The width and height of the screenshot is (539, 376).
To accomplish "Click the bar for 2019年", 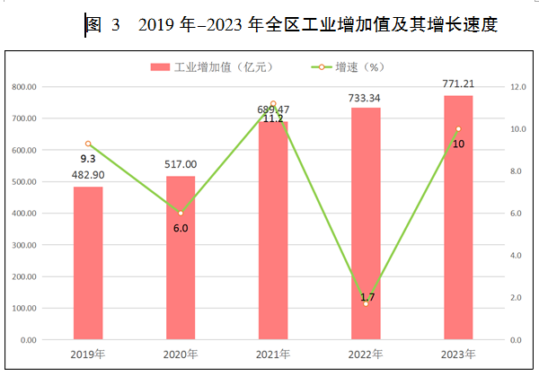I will pos(88,263).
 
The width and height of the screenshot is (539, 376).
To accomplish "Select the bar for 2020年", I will pos(181,258).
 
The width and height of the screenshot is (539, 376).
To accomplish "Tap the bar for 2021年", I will pos(273,231).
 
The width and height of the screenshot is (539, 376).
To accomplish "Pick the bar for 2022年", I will pos(366,223).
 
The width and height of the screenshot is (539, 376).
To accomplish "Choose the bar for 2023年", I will pos(458,217).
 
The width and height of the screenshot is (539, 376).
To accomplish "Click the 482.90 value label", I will pos(88,176).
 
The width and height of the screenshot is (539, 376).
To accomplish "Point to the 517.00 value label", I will pos(181,165).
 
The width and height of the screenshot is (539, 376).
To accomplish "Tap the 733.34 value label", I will pos(366,97).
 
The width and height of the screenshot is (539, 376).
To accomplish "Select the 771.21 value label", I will pos(458,83).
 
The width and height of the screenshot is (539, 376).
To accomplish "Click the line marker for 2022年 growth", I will pos(366,303).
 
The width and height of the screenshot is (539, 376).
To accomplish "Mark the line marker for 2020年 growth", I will pos(181,213).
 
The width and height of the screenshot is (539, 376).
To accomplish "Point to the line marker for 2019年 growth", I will pos(88,144).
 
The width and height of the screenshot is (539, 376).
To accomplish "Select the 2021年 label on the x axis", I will pos(273,354).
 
